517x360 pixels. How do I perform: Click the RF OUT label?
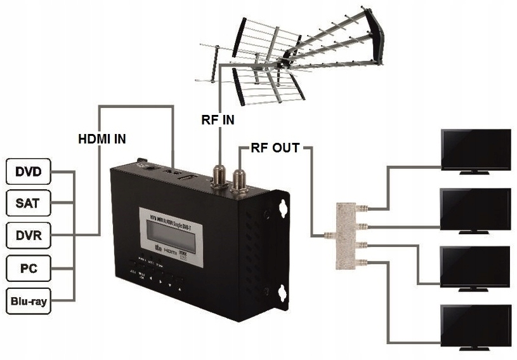[x=275, y=149]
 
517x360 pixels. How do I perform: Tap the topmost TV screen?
[x=476, y=150]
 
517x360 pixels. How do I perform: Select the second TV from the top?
[x=476, y=210]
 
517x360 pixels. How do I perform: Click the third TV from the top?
[x=476, y=268]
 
